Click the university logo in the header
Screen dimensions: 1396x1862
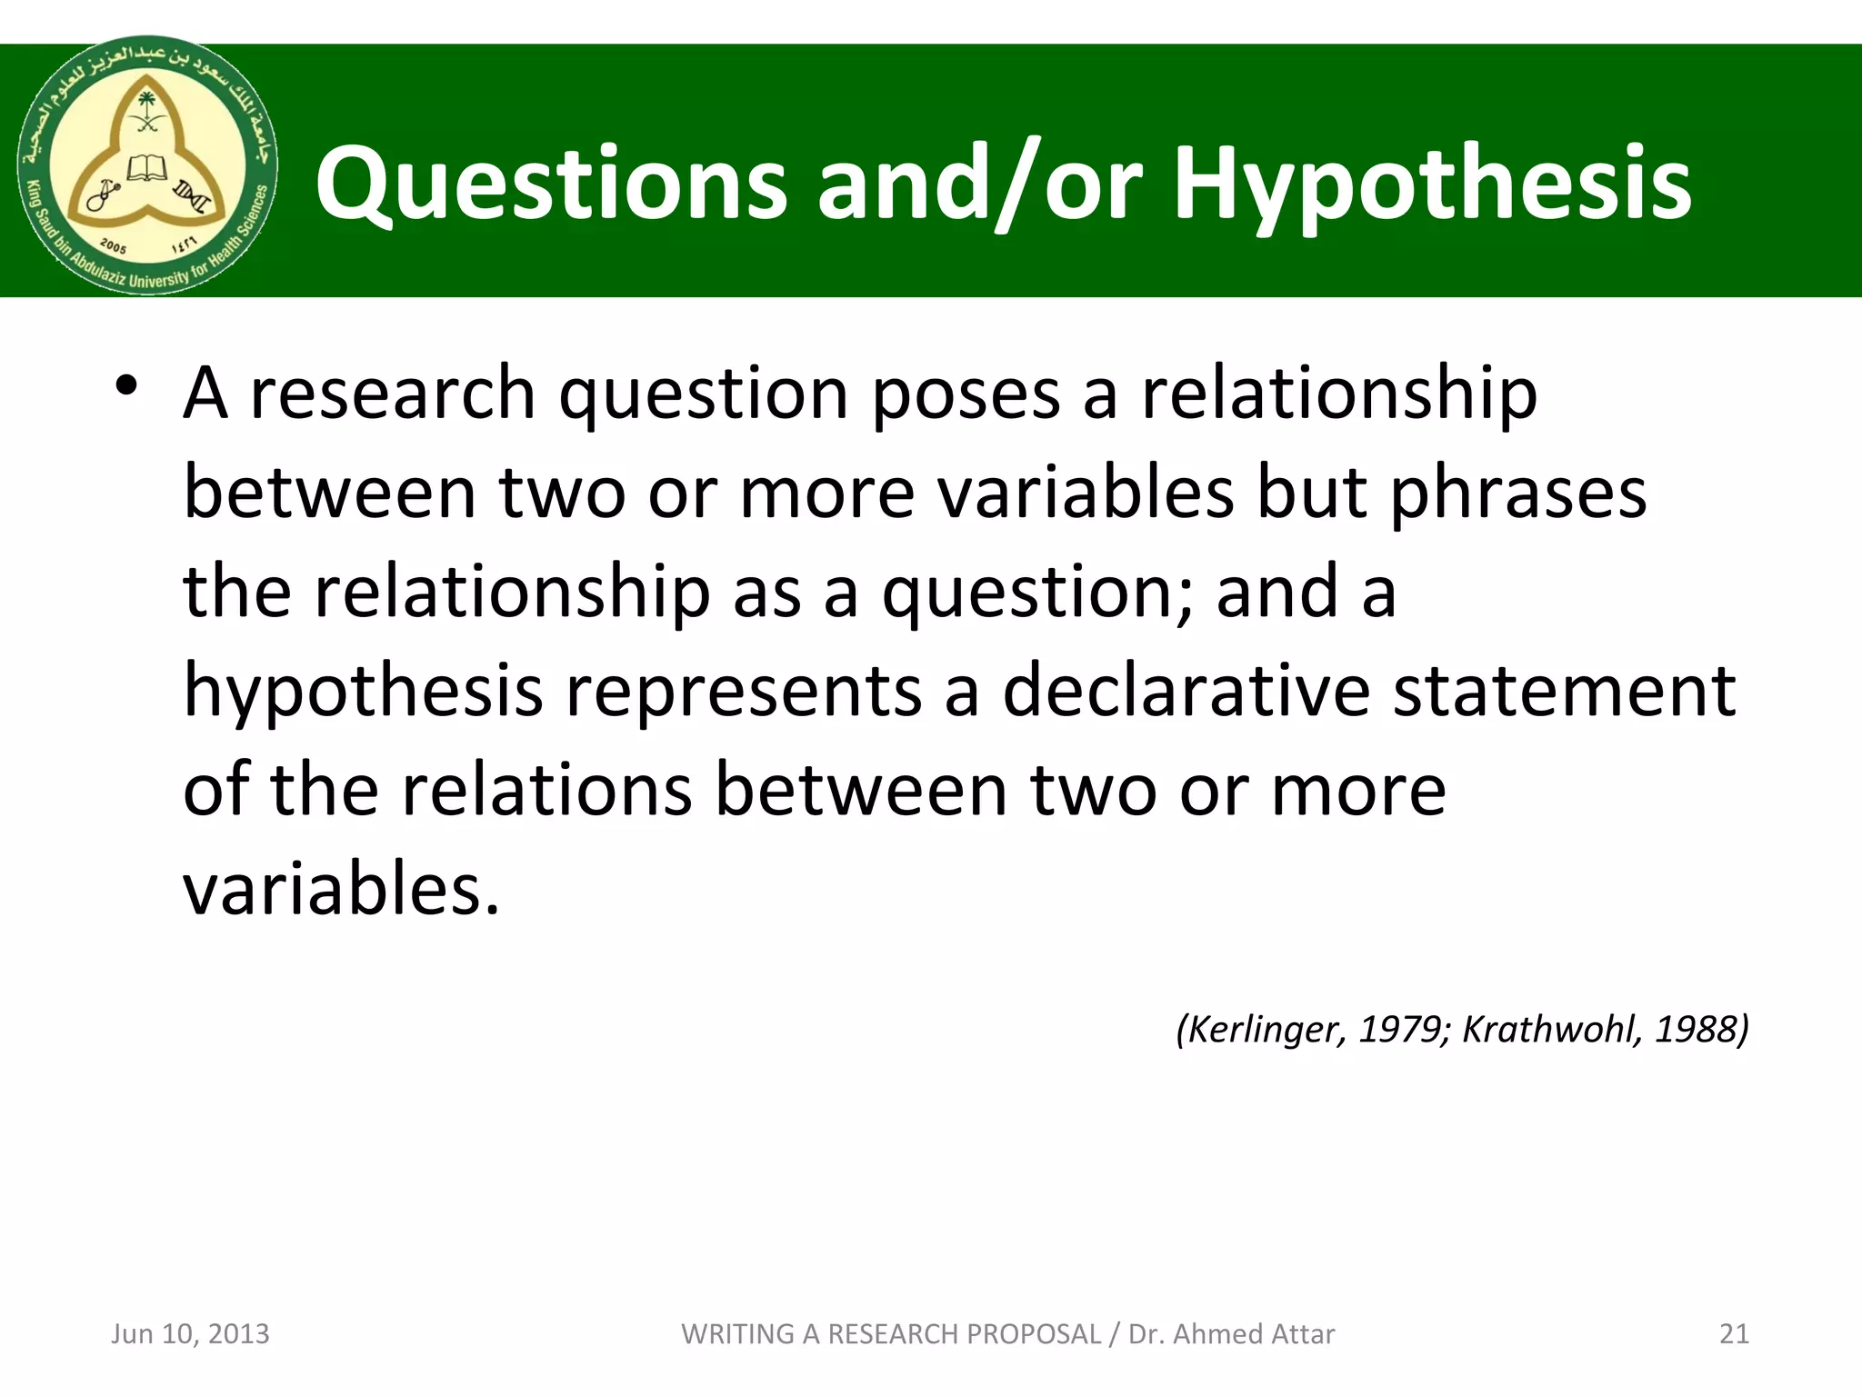pos(147,165)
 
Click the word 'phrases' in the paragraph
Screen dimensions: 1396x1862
pos(1518,493)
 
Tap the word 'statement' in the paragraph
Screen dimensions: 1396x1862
pos(1564,691)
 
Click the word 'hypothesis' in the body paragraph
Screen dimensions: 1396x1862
pos(364,691)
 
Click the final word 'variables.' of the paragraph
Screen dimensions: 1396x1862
pos(342,889)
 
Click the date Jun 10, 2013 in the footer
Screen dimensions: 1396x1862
pos(190,1333)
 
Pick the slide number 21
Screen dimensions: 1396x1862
pos(1734,1333)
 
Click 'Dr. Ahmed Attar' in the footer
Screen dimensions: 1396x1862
pos(1231,1333)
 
